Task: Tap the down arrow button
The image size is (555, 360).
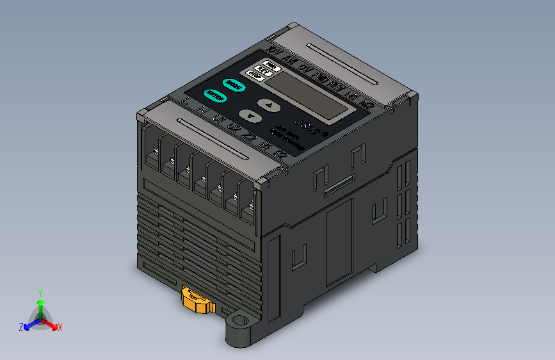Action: point(250,116)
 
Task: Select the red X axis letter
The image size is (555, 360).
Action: point(60,328)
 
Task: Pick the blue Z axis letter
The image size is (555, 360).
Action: point(21,327)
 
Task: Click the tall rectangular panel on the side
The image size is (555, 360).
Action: point(339,241)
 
